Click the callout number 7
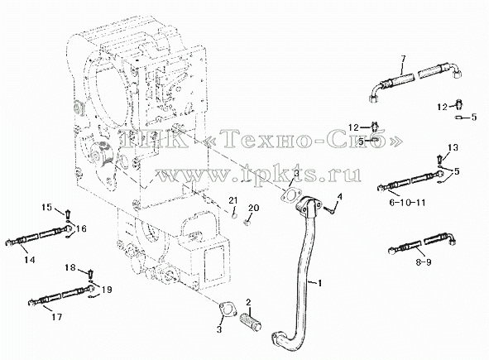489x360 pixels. click(403, 58)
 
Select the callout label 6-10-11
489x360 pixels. click(407, 203)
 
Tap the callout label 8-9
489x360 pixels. click(424, 262)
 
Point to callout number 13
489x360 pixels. click(453, 147)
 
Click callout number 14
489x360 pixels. click(30, 259)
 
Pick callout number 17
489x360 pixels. click(57, 317)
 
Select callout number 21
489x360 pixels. click(233, 200)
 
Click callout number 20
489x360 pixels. click(254, 208)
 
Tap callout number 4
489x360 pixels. click(339, 196)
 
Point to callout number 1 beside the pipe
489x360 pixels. click(319, 283)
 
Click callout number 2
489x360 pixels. click(248, 302)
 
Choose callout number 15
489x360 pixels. click(47, 207)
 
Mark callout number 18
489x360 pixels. click(70, 267)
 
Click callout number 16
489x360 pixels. click(81, 228)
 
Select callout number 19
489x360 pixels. click(107, 290)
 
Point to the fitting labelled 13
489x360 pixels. click(440, 159)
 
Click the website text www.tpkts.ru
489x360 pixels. click(258, 175)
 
